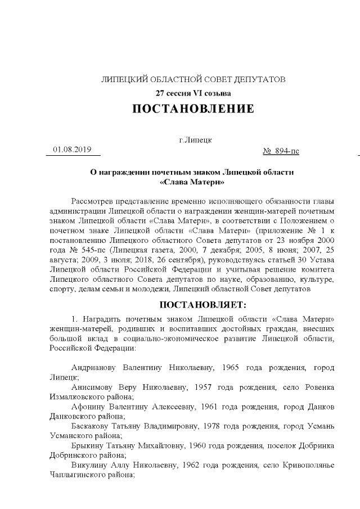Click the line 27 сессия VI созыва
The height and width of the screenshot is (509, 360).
click(193, 93)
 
